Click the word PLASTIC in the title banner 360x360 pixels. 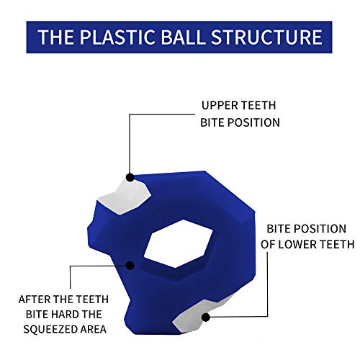pos(117,37)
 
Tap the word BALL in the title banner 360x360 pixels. pos(183,37)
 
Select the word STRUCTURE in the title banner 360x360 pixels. pos(266,37)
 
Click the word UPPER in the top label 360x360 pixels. pos(220,105)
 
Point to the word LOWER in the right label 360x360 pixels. pos(297,244)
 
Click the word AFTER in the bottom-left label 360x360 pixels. pos(35,300)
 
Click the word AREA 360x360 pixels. pos(94,329)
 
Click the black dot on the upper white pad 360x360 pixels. pos(130,178)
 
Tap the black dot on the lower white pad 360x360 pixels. pos(206,318)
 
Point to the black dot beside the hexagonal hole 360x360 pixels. pos(130,266)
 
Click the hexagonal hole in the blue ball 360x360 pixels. pos(178,243)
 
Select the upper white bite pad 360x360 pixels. pos(125,197)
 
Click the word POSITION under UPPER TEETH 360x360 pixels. pos(253,122)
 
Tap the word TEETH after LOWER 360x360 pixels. pos(338,244)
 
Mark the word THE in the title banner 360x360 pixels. pos(56,37)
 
